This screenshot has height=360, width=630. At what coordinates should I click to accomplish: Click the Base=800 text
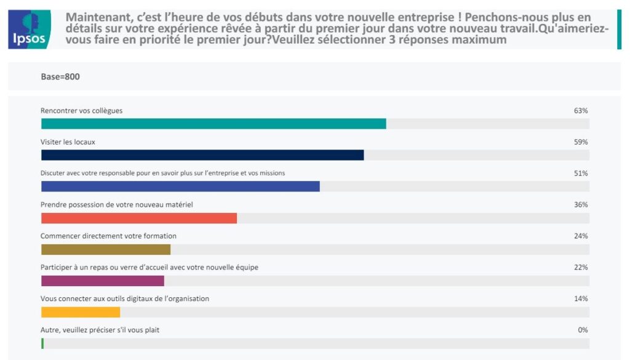click(60, 77)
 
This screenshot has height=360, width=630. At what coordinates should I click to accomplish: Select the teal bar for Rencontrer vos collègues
click(213, 124)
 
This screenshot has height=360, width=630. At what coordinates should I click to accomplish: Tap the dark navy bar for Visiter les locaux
click(202, 155)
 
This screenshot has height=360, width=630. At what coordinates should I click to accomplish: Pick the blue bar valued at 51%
click(180, 186)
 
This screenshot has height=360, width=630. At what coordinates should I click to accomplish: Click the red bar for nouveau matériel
click(139, 218)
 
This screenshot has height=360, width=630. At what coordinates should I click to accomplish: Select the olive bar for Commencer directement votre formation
click(106, 249)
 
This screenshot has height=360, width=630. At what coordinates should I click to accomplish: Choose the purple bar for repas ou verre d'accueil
click(103, 281)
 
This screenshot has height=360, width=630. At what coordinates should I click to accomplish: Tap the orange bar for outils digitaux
click(81, 312)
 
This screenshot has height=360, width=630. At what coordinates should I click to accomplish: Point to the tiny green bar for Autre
click(42, 343)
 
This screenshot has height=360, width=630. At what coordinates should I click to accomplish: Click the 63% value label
click(581, 111)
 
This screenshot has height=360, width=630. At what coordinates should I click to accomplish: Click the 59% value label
click(581, 142)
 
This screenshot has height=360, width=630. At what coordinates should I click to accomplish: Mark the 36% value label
click(581, 204)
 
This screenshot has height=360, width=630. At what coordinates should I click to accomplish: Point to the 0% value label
click(583, 330)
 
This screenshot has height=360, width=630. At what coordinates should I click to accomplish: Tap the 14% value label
click(581, 298)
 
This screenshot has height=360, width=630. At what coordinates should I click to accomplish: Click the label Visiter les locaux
click(68, 142)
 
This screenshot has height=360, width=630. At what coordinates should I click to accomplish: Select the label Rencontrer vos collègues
click(81, 111)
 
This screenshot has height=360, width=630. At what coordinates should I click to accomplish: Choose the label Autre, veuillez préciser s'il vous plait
click(100, 330)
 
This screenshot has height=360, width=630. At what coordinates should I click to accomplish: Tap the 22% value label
click(581, 267)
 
